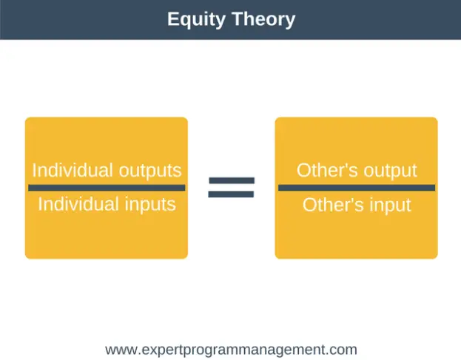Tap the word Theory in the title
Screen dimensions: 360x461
pyautogui.click(x=262, y=19)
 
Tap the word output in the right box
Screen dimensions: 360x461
pyautogui.click(x=387, y=170)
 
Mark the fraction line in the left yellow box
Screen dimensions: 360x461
pyautogui.click(x=107, y=188)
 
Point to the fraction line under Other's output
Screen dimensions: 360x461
pyautogui.click(x=356, y=188)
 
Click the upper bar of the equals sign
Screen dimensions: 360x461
pyautogui.click(x=231, y=180)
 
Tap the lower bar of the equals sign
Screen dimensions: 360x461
pyautogui.click(x=231, y=194)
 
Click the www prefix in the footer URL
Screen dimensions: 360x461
pyautogui.click(x=121, y=350)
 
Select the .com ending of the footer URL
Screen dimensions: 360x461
pyautogui.click(x=343, y=350)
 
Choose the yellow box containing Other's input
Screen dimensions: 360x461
pyautogui.click(x=356, y=237)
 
